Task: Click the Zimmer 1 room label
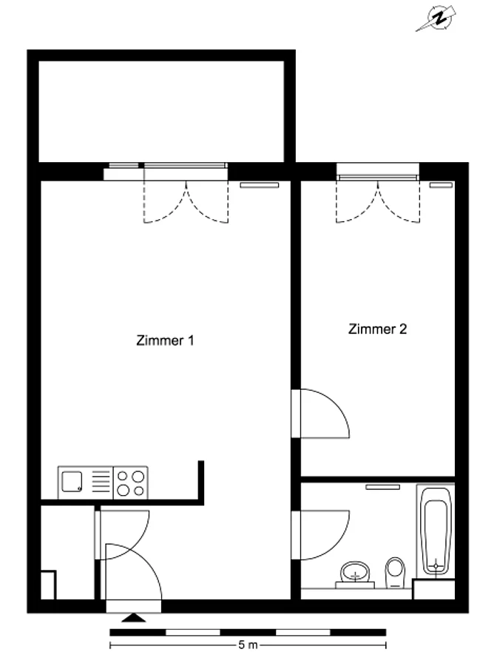pos(165,340)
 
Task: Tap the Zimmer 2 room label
pos(377,329)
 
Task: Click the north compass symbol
pos(437,19)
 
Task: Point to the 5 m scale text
pos(248,645)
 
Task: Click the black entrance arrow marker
pos(134,617)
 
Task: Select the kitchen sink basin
pos(72,482)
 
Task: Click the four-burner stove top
pos(131,483)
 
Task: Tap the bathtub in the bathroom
pos(436,531)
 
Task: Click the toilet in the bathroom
pos(395,572)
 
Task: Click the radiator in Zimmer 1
pos(259,185)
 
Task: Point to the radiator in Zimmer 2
pos(442,185)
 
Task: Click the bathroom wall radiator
pos(382,487)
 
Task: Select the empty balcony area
pos(161,112)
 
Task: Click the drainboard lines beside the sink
pos(101,482)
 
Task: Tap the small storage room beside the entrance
pos(67,552)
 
